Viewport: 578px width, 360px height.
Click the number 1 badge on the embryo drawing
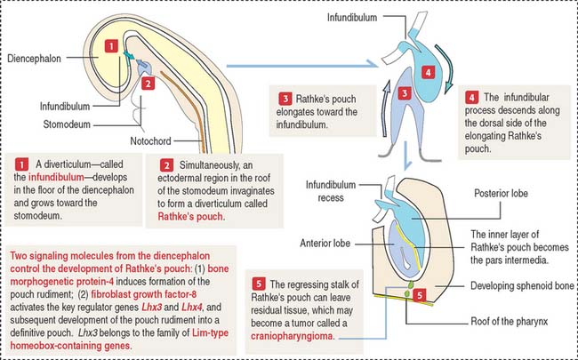(x=109, y=46)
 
